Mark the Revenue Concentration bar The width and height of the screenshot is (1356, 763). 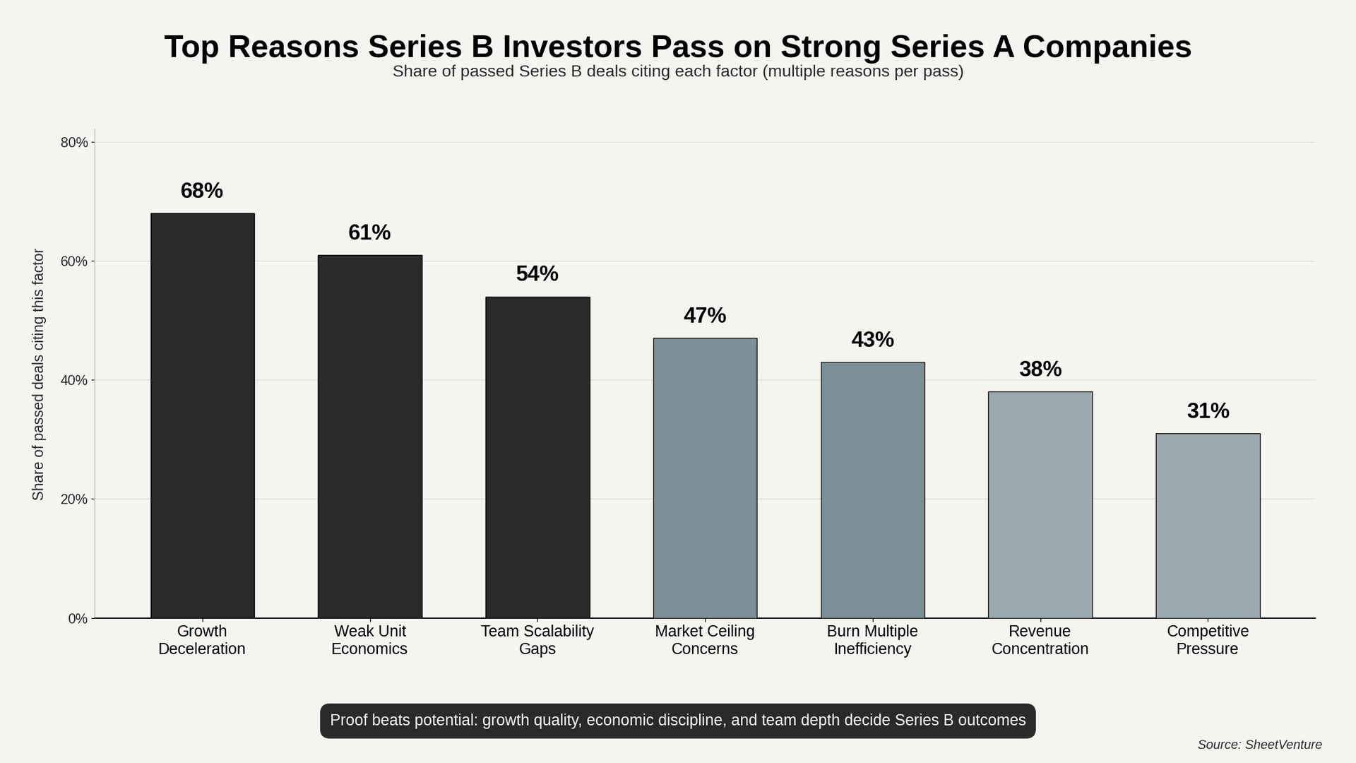coord(1040,504)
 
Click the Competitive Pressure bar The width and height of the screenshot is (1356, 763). coord(1208,526)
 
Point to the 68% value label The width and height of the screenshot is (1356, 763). coord(202,191)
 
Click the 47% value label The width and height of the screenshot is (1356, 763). coord(705,316)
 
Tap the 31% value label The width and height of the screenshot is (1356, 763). coord(1208,410)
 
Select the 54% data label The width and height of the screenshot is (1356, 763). coord(537,274)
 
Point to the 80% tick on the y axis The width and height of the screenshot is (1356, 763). coord(74,143)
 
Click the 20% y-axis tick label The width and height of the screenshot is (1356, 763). coord(74,499)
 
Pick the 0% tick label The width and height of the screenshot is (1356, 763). coord(78,619)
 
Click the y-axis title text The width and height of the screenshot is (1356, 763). coord(38,374)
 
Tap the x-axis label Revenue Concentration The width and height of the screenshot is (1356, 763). coord(1040,640)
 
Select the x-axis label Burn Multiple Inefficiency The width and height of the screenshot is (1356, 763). coord(872,640)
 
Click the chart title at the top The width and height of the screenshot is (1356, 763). coord(678,47)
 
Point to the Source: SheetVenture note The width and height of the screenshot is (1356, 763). coord(1259,745)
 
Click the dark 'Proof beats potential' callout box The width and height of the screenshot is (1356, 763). coord(678,721)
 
